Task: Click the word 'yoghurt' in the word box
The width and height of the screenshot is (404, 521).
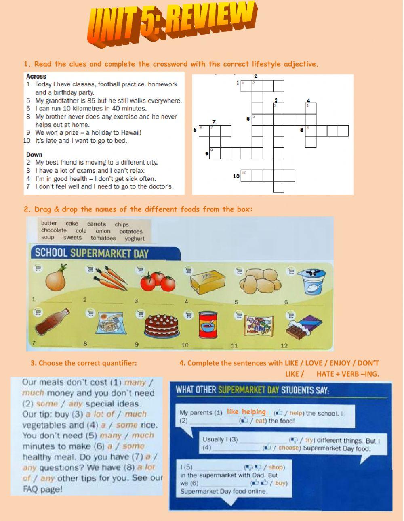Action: point(135,239)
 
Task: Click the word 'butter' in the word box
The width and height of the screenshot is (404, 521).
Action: point(49,223)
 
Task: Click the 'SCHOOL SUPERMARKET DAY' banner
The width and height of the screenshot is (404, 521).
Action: point(92,253)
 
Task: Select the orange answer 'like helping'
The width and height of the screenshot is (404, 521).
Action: point(246,412)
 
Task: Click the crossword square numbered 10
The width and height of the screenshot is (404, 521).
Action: point(246,176)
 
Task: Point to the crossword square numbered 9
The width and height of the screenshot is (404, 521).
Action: point(215,153)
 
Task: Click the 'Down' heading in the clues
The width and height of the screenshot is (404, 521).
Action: point(34,155)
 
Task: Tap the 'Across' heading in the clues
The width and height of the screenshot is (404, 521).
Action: point(36,76)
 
